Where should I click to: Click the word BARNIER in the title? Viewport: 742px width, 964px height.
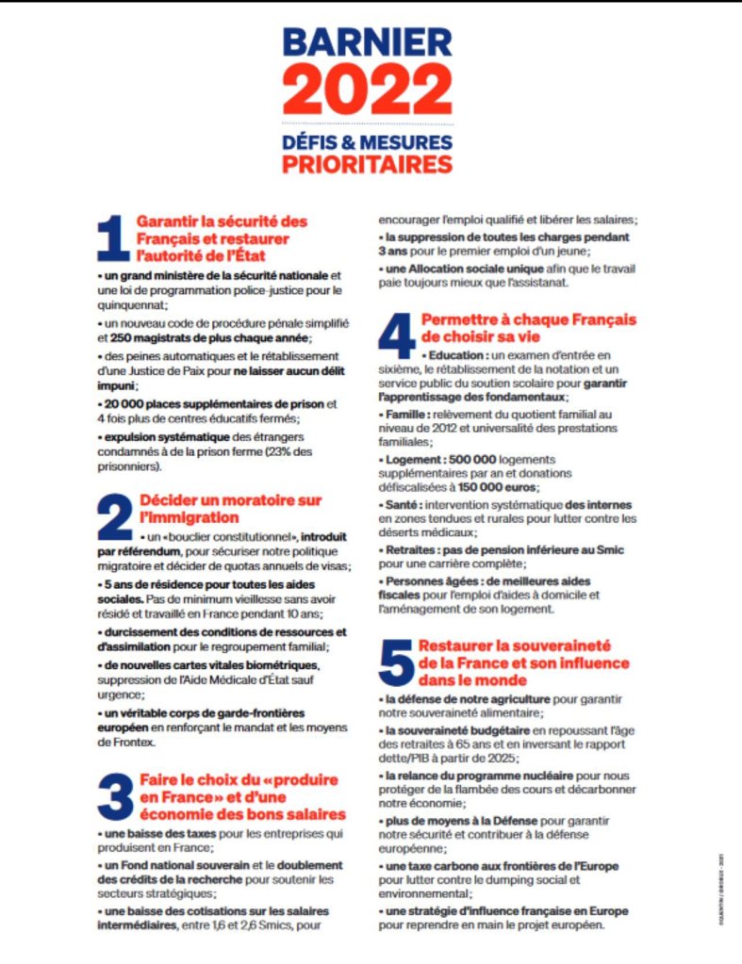point(368,43)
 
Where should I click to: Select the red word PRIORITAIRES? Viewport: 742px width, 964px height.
point(368,165)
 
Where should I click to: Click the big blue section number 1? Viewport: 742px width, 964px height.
point(113,239)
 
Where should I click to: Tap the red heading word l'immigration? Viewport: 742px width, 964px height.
point(189,517)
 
